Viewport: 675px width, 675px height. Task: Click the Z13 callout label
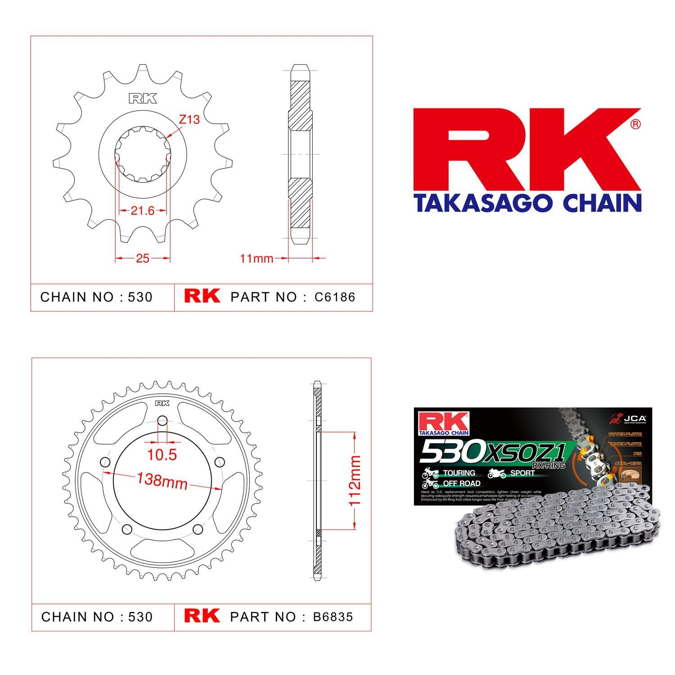click(x=189, y=120)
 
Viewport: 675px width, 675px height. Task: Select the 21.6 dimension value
click(x=143, y=211)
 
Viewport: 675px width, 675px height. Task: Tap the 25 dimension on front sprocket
click(x=142, y=258)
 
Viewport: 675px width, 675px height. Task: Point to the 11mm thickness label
click(x=256, y=258)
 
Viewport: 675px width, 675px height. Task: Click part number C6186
click(x=335, y=297)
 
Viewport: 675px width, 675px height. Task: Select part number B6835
click(x=333, y=616)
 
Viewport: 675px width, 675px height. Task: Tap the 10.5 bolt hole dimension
click(x=162, y=454)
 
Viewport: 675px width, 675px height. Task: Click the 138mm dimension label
click(x=162, y=481)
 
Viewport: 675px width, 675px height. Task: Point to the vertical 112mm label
click(x=355, y=480)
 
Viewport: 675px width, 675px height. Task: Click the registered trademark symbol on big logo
click(x=635, y=125)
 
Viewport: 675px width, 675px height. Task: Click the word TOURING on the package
click(x=459, y=473)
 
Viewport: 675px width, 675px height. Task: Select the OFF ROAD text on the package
click(x=461, y=483)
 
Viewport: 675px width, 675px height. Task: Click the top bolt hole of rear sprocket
click(x=162, y=422)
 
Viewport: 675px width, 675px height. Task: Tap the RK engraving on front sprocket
click(x=143, y=99)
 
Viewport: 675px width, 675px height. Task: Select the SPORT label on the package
click(x=522, y=473)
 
